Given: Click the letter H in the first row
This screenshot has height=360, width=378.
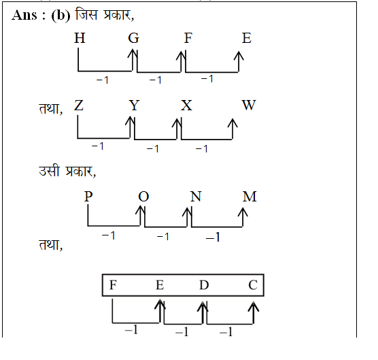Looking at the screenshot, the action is click(80, 38).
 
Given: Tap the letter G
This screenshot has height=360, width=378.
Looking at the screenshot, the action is click(133, 38).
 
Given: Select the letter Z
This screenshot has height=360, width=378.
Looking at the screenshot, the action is click(79, 105).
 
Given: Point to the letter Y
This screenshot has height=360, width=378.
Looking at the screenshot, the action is click(134, 105).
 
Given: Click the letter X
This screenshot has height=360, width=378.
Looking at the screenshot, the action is click(186, 105).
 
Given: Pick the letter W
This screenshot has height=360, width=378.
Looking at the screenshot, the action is click(249, 105).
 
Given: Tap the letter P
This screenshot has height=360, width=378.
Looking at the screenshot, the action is click(88, 197).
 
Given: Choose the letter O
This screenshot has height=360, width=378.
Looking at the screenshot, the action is click(143, 197).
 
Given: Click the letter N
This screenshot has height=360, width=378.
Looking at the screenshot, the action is click(196, 197).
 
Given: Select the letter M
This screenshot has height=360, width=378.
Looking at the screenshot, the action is click(250, 197).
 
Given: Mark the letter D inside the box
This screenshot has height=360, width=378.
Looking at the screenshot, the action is click(204, 285).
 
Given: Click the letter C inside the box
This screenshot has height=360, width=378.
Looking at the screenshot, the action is click(253, 285).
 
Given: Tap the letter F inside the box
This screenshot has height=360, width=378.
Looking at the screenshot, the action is click(113, 285).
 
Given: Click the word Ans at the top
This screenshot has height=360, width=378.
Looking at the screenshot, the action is click(24, 15).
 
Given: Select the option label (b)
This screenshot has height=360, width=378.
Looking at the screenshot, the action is click(61, 16).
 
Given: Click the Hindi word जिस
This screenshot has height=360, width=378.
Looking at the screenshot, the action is click(86, 14).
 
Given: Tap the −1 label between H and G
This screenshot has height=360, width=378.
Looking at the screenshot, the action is click(103, 80).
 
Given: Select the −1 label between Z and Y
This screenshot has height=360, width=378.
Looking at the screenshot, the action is click(98, 146).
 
